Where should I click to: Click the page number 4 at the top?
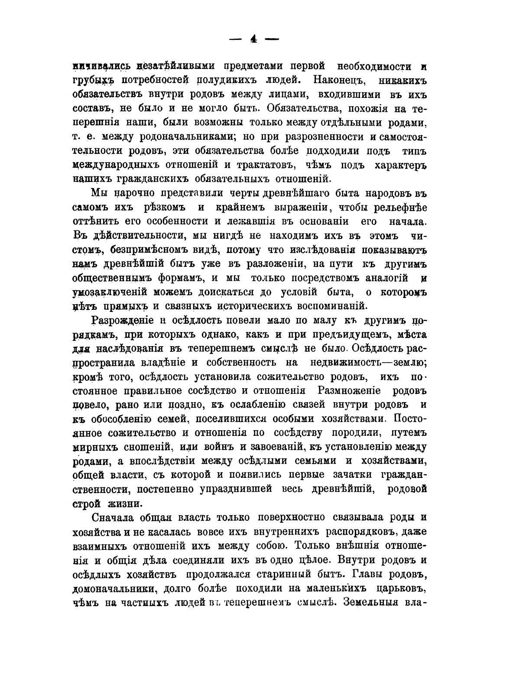[253, 39]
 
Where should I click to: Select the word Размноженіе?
[349, 390]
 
